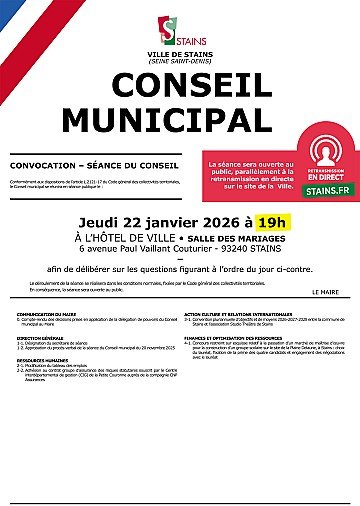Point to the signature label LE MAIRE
click(326, 291)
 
